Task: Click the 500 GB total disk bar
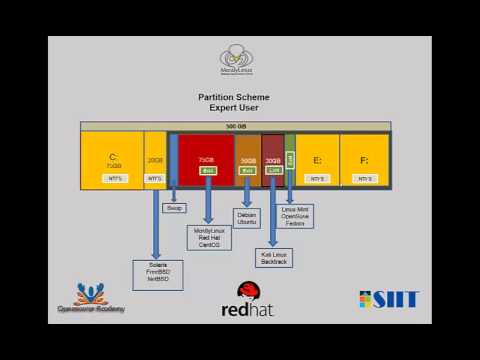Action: click(x=235, y=126)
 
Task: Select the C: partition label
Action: click(x=113, y=156)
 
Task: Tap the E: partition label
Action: click(x=317, y=159)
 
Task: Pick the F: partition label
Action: click(x=364, y=159)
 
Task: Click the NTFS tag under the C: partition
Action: click(x=114, y=178)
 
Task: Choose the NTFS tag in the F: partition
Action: click(x=364, y=178)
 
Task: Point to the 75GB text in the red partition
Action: click(x=206, y=159)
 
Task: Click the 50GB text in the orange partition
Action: click(x=247, y=160)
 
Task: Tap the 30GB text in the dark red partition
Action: click(x=272, y=160)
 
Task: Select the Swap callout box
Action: click(x=174, y=208)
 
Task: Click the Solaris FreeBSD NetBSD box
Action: click(x=156, y=273)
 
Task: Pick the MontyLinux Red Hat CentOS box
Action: click(x=208, y=237)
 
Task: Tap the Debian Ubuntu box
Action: click(x=247, y=218)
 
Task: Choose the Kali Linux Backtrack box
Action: click(x=274, y=258)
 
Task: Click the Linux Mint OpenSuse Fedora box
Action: click(x=295, y=217)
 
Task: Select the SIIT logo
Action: click(x=389, y=299)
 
